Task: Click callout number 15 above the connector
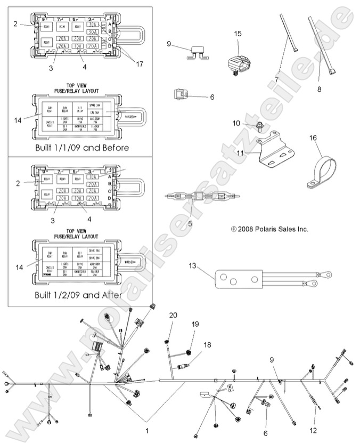click(x=238, y=33)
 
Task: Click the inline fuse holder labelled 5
click(x=200, y=197)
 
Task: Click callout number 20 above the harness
click(x=173, y=316)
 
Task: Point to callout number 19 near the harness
click(x=195, y=324)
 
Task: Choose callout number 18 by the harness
click(x=207, y=345)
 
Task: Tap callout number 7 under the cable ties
click(x=276, y=79)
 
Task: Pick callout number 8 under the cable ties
click(x=319, y=90)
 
